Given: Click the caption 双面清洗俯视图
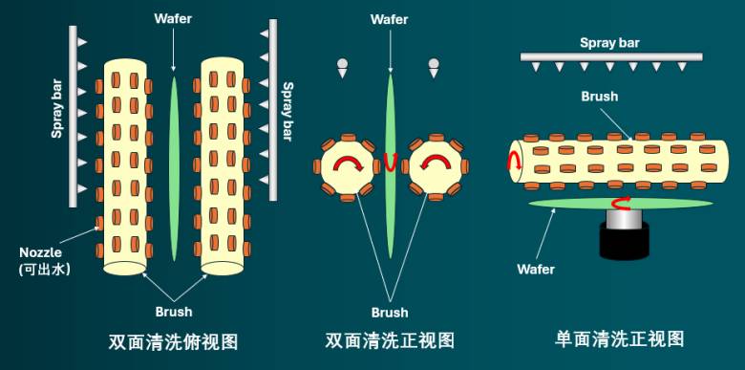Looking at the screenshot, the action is (173, 341).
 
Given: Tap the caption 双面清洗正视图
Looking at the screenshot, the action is (390, 340).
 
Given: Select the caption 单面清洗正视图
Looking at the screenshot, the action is (620, 339).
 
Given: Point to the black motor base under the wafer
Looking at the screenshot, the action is (625, 241).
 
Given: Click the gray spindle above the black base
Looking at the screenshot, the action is (624, 218).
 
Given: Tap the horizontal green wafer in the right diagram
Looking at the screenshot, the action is (621, 204).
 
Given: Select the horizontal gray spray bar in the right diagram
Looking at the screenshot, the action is (611, 57).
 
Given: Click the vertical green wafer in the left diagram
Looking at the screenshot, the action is (175, 169).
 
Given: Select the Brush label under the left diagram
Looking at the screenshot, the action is (174, 312).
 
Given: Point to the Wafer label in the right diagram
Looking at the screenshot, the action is (536, 270).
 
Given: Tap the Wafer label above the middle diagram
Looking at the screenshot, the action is (389, 19).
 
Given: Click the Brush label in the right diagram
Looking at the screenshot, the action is (600, 96).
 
